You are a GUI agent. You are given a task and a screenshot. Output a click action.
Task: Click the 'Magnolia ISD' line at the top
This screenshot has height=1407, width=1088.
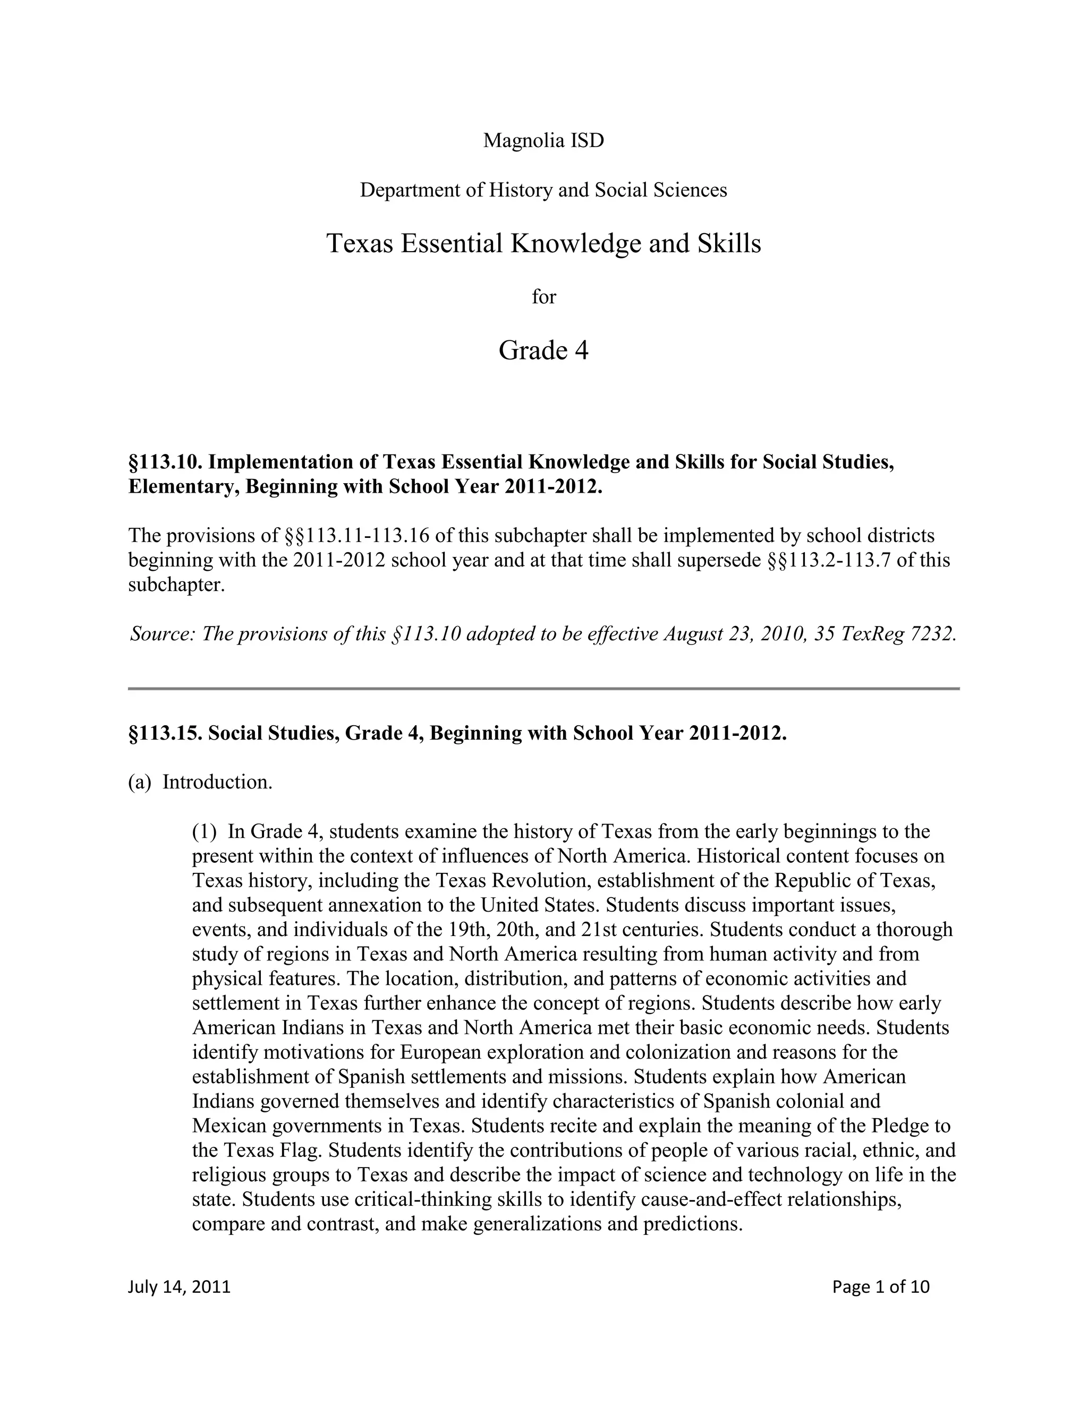[x=543, y=141]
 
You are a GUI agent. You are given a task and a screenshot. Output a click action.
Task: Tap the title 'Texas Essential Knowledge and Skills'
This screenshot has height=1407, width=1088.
[x=543, y=244]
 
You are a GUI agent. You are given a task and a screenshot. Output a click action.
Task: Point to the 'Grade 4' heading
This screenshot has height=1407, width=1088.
[x=543, y=350]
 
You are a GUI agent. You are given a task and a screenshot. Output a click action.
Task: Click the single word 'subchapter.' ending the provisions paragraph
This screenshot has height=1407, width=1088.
[x=176, y=586]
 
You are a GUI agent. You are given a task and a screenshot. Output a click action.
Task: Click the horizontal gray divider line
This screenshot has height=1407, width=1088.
[x=543, y=689]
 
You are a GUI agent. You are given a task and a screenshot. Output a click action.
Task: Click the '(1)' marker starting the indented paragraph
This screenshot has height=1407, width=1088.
[x=205, y=831]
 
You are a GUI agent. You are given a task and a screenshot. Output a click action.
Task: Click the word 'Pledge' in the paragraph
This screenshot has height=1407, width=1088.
[x=901, y=1126]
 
